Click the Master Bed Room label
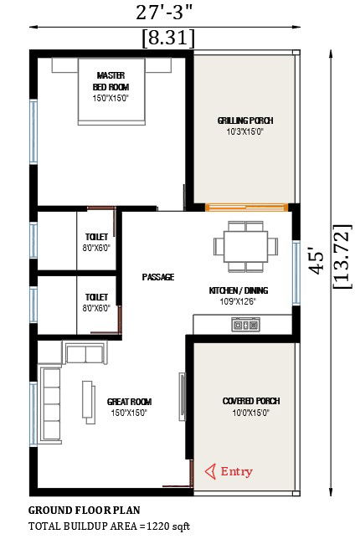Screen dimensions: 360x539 [x=111, y=81]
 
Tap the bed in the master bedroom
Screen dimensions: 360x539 [x=111, y=91]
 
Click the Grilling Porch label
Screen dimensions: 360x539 [x=245, y=121]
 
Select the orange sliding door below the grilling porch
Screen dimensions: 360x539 [x=246, y=207]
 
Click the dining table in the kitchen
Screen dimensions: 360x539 [x=245, y=247]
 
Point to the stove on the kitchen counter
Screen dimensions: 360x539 [x=245, y=324]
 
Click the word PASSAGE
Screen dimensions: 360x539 [x=158, y=277]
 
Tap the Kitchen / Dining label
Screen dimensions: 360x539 [x=239, y=290]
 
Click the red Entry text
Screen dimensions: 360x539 [x=237, y=471]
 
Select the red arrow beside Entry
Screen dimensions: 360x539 [x=210, y=471]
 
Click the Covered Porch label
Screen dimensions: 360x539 [x=251, y=401]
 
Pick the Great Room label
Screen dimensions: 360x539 [x=129, y=402]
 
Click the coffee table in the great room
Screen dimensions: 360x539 [x=89, y=399]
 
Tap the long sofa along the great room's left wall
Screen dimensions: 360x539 [x=50, y=405]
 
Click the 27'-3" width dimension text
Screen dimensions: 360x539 [x=162, y=13]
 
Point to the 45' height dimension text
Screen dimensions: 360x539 [x=316, y=262]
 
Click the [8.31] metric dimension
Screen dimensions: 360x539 [x=168, y=38]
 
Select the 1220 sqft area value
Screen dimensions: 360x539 [x=168, y=526]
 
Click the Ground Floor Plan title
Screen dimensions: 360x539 [x=84, y=511]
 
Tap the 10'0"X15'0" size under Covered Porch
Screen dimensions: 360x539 [x=250, y=413]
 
